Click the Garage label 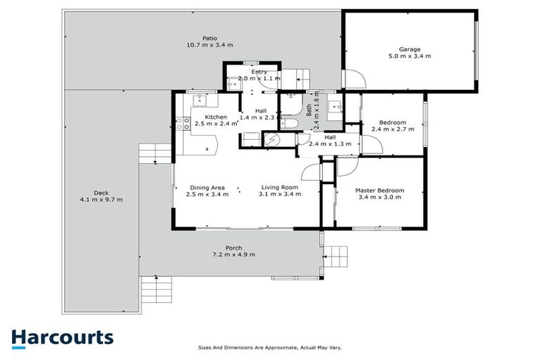pos(410,49)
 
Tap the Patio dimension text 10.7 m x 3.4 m pos(208,45)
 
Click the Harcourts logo pos(62,337)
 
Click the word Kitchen pos(216,117)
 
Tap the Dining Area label pos(207,188)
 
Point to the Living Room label pos(280,188)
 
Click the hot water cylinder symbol pos(271,140)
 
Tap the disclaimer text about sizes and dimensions pos(270,348)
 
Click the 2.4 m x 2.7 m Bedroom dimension pos(392,129)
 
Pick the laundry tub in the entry pos(233,84)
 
